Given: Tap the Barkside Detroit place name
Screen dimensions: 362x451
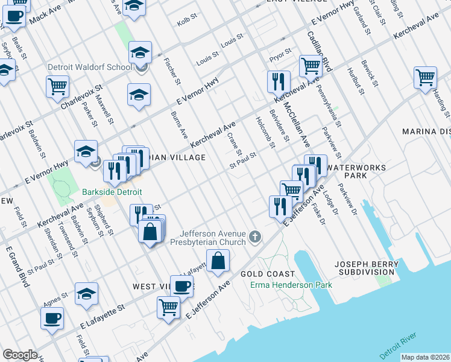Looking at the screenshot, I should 112,192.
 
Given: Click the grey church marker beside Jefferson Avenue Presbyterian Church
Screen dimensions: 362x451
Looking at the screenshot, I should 255,238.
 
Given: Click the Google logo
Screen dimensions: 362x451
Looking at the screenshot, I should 20,355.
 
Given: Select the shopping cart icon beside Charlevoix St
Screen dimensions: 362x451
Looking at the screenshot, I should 57,87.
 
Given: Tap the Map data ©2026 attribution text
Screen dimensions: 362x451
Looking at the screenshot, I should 425,357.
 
